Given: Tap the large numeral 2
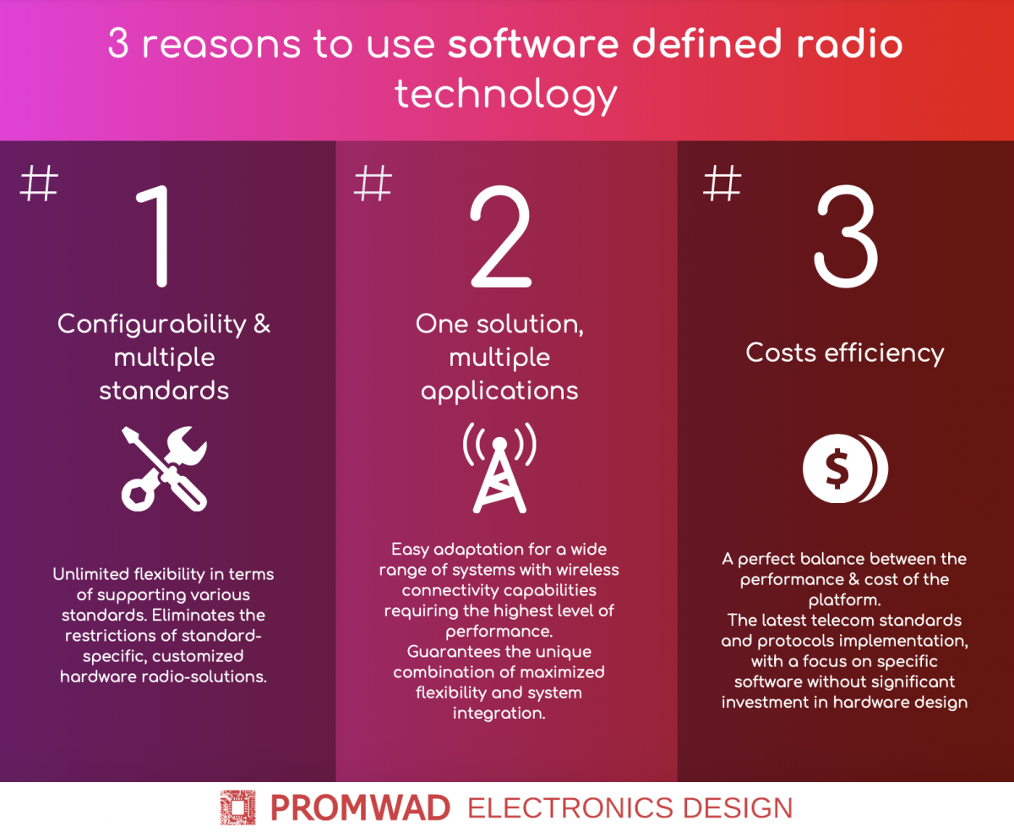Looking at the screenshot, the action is pyautogui.click(x=501, y=236).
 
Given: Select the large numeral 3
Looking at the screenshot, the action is pyautogui.click(x=846, y=236).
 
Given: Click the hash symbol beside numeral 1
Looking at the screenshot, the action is pyautogui.click(x=39, y=183).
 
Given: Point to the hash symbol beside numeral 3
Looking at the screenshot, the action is pyautogui.click(x=722, y=183).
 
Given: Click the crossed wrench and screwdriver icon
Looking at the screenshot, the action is pyautogui.click(x=164, y=468).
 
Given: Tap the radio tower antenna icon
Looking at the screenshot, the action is pyautogui.click(x=499, y=468).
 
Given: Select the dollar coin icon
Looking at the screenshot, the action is pyautogui.click(x=845, y=468).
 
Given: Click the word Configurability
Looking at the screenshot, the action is pyautogui.click(x=152, y=326).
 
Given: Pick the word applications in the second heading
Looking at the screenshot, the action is pyautogui.click(x=499, y=391).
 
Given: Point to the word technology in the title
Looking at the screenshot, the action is pyautogui.click(x=506, y=96).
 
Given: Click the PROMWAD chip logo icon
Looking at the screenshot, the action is pyautogui.click(x=238, y=807).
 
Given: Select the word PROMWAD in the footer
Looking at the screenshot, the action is pyautogui.click(x=360, y=808).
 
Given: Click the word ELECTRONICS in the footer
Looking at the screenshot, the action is pyautogui.click(x=570, y=808).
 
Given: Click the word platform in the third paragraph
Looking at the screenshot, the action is pyautogui.click(x=844, y=600).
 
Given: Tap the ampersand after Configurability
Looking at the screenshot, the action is pyautogui.click(x=262, y=323).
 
